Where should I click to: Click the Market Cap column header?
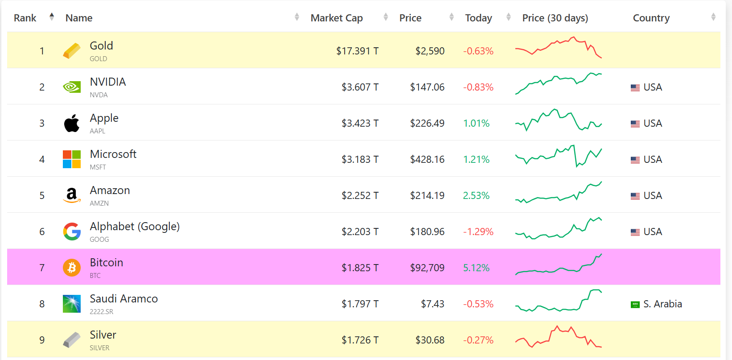[337, 18]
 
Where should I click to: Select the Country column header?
[651, 18]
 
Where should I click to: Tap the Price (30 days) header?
[555, 18]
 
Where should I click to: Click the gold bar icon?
[72, 51]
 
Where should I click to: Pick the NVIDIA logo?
[72, 87]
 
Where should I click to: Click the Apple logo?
[72, 123]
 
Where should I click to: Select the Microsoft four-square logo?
[72, 159]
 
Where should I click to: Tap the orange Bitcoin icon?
[72, 268]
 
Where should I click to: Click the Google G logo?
[72, 232]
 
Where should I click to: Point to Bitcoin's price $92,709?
[427, 268]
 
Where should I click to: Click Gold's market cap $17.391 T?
[357, 51]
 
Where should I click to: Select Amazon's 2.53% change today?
[476, 195]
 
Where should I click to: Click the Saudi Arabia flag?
[635, 304]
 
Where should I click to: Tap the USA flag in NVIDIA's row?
[635, 87]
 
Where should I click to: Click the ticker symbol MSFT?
[98, 167]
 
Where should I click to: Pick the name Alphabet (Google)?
[135, 227]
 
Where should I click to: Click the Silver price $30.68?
[430, 340]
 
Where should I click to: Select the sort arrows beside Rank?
[52, 17]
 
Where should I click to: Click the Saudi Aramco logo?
[72, 304]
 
